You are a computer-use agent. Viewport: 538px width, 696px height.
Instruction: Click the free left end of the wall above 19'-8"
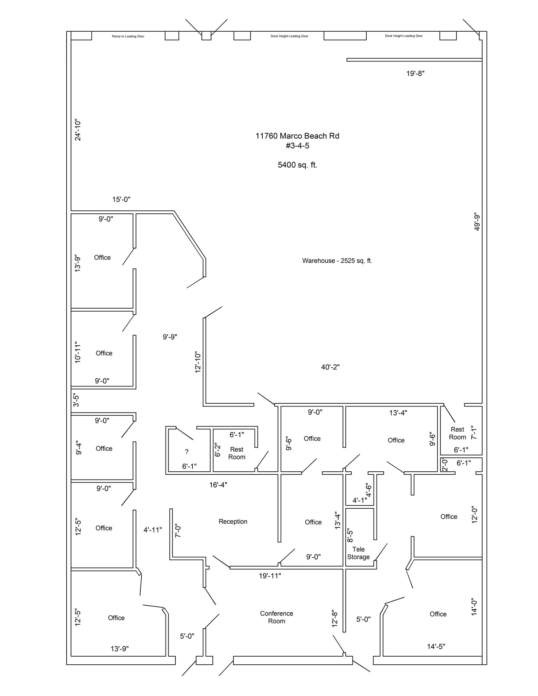(347, 60)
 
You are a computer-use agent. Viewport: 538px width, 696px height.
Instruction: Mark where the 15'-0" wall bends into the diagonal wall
(174, 212)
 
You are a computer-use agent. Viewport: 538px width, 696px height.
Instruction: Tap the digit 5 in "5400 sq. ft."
(280, 165)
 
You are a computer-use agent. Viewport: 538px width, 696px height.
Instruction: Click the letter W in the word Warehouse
(305, 261)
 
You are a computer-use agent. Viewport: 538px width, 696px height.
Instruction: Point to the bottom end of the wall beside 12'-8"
(344, 632)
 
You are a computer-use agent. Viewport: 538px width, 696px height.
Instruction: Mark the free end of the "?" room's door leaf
(193, 440)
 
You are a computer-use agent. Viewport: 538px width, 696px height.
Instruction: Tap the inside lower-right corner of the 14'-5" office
(482, 656)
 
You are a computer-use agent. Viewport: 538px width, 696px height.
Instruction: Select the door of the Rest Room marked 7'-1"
(450, 413)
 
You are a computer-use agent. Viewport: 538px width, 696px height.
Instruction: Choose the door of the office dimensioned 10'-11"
(129, 323)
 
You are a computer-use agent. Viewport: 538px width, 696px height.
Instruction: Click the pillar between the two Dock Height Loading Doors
(345, 36)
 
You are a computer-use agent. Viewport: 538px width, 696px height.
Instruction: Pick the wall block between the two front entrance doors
(205, 660)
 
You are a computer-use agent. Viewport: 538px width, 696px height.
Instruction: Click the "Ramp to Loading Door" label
(128, 36)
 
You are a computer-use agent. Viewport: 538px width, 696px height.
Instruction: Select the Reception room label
(233, 521)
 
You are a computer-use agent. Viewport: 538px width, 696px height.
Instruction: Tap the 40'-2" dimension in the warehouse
(330, 367)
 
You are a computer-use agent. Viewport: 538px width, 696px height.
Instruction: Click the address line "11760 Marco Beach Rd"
(297, 136)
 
